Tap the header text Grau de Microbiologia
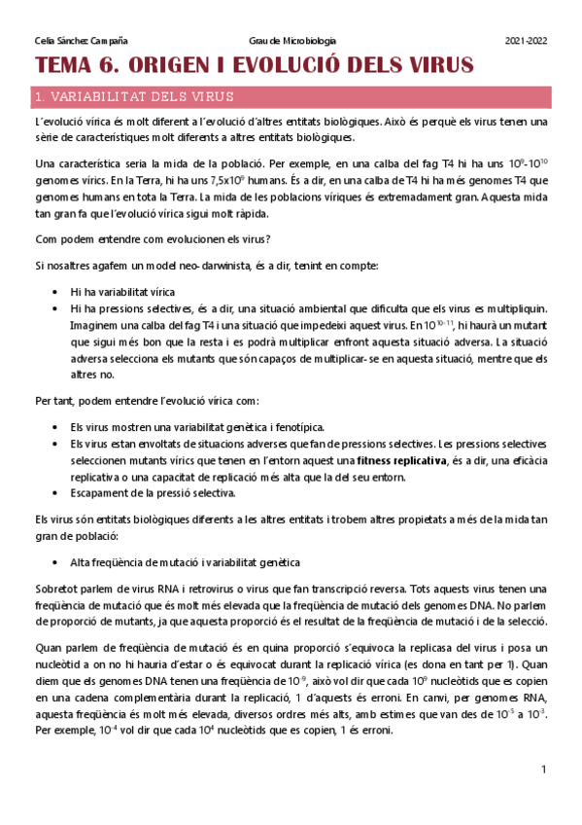pos(292,41)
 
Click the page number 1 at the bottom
pos(544,770)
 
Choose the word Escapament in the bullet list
pos(99,493)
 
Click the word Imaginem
pos(94,324)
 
